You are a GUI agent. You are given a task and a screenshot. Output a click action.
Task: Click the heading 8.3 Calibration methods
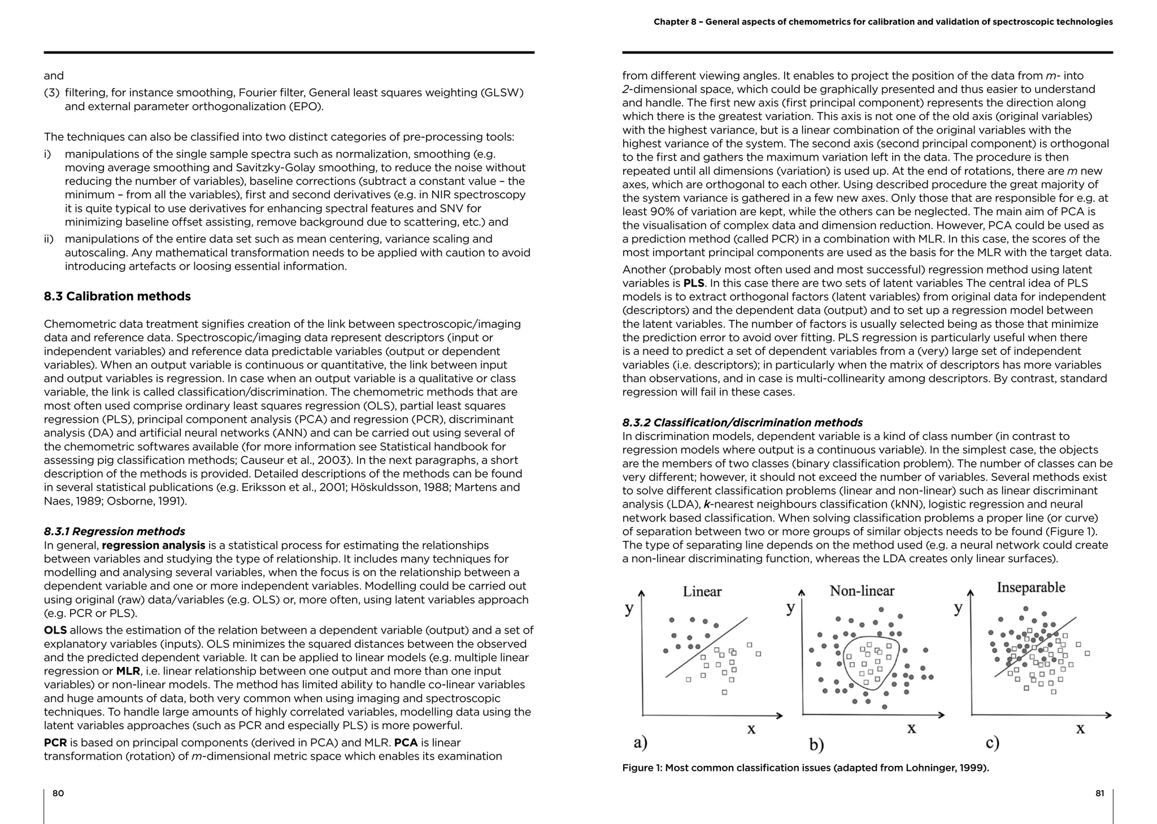coord(117,296)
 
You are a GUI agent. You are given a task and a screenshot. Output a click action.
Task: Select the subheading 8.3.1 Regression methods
coord(114,531)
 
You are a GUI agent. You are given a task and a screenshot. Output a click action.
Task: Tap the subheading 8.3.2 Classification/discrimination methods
coord(742,422)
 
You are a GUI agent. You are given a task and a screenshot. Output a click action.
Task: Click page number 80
coord(58,793)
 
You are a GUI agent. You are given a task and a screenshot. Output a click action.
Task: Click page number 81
coord(1099,793)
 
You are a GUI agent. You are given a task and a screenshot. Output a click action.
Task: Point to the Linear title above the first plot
coord(702,592)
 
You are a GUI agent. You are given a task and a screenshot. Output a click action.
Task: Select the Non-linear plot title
coord(862,591)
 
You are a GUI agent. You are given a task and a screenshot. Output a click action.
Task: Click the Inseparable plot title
coord(1030,587)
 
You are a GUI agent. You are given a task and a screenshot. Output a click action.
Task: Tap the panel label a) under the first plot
coord(640,742)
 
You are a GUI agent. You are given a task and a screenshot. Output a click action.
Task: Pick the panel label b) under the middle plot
coord(816,744)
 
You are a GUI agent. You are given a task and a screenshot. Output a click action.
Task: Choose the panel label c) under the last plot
coord(992,742)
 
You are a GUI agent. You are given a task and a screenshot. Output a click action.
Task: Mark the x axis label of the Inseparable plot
coord(1080,728)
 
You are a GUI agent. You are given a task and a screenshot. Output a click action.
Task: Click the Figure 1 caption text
coord(805,767)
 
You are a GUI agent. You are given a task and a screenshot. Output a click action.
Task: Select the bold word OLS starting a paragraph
coord(55,630)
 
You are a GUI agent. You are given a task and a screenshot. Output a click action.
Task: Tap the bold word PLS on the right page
coord(694,283)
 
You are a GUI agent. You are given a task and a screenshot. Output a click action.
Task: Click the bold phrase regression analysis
coord(154,545)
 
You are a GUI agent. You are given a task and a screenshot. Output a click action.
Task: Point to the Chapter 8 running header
coord(883,22)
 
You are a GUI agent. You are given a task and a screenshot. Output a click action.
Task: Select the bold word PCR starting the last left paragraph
coord(55,743)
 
